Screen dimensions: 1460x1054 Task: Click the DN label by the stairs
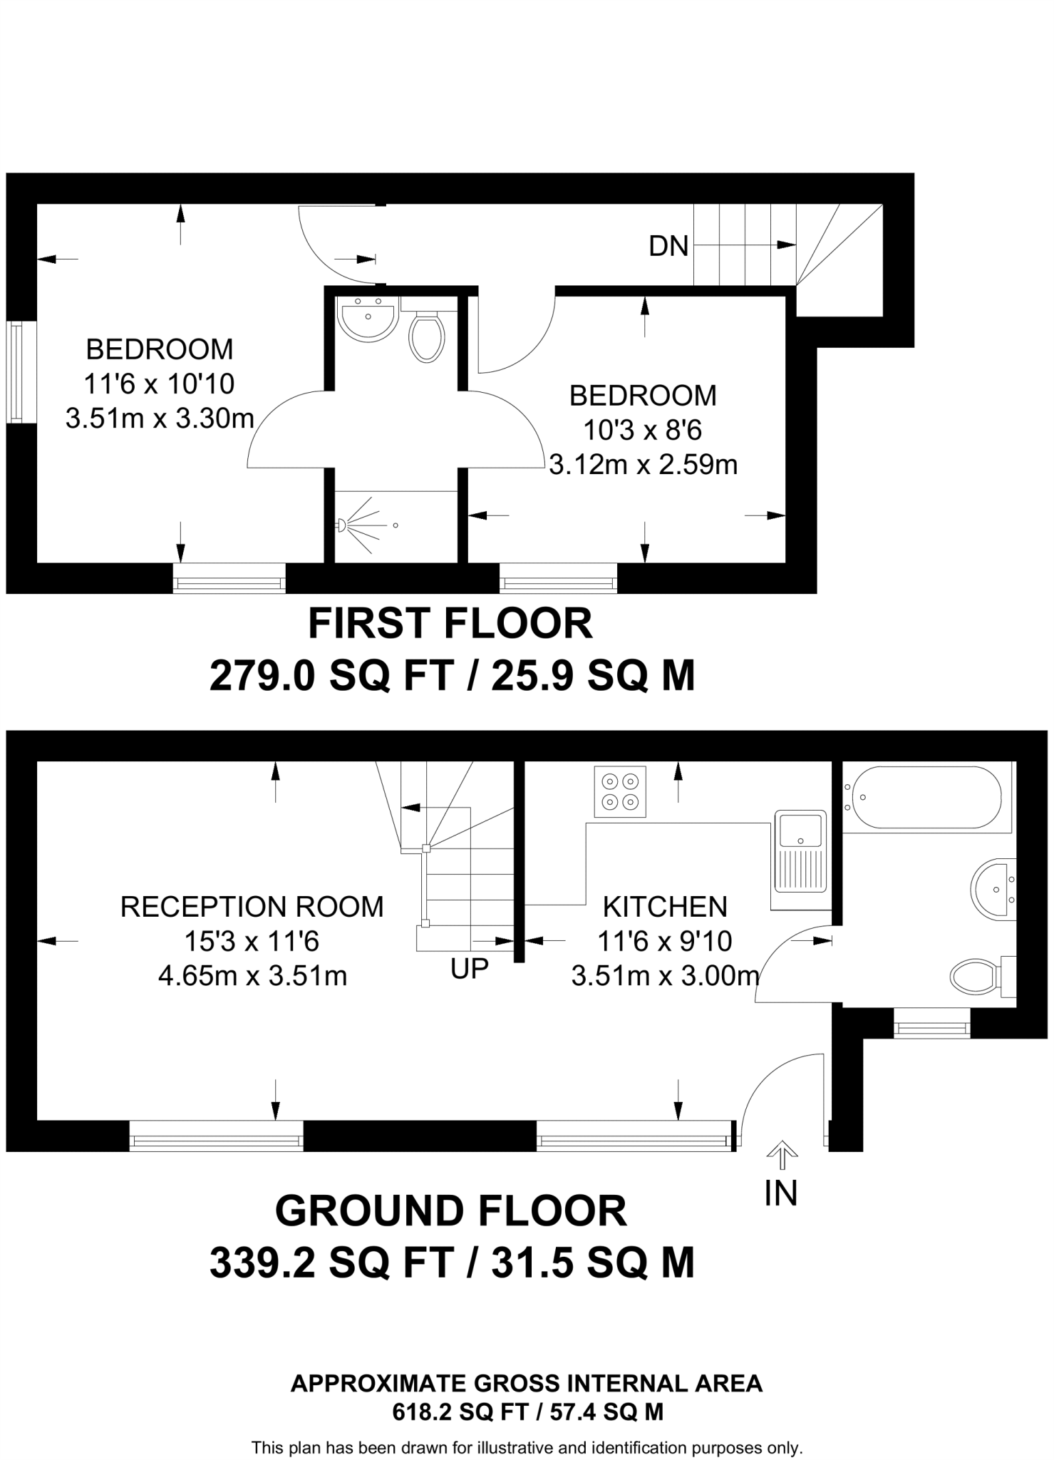(x=668, y=247)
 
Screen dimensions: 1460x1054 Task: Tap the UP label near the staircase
(x=470, y=968)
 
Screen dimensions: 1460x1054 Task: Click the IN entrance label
(x=780, y=1194)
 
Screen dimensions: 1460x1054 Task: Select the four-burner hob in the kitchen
(x=620, y=791)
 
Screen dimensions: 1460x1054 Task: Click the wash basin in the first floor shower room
(x=367, y=318)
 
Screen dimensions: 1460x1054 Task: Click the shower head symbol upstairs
(x=343, y=525)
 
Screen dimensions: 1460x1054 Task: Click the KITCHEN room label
(x=665, y=907)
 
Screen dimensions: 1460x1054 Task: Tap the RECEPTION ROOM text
(x=252, y=907)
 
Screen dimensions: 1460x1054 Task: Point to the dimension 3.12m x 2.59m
(x=643, y=465)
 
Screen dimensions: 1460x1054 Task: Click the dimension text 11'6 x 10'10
(x=159, y=384)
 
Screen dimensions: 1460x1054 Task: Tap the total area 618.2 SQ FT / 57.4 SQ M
(x=527, y=1412)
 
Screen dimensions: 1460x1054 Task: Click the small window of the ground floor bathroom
(x=932, y=1027)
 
